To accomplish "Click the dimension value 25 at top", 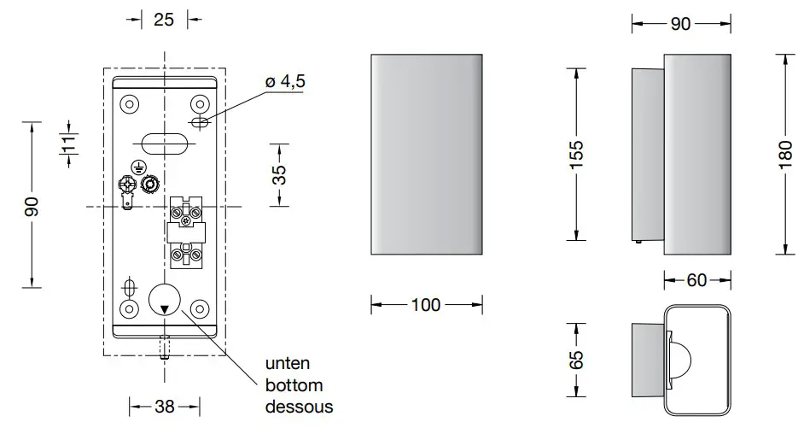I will coord(164,20).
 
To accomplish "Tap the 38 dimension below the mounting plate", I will coord(164,407).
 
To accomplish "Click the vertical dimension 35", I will coord(279,174).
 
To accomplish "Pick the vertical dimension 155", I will coord(577,153).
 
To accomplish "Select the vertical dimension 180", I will coord(785,153).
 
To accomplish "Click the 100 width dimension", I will coord(427,305).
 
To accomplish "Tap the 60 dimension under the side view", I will coord(696,279).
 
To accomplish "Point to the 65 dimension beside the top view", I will coord(577,359).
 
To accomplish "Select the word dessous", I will coord(299,407).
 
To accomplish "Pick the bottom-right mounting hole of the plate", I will coord(201,308).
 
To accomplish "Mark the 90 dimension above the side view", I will coord(679,24).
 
